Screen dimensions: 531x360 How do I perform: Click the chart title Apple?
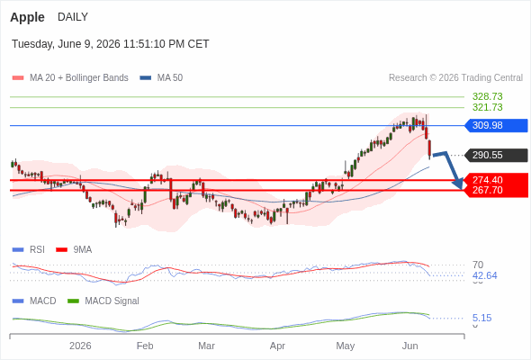[x=27, y=17]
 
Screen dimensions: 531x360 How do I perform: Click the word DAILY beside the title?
[x=73, y=16]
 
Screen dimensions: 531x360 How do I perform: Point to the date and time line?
[x=111, y=44]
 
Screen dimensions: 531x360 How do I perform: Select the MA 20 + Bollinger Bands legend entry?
[x=70, y=78]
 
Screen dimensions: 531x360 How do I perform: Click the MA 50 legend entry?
[x=161, y=78]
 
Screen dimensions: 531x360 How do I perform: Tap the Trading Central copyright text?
[x=455, y=78]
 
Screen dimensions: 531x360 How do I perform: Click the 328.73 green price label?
[x=487, y=96]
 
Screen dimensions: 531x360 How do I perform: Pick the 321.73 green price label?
[x=487, y=107]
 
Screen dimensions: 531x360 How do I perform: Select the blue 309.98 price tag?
[x=496, y=125]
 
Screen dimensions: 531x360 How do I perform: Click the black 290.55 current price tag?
[x=496, y=155]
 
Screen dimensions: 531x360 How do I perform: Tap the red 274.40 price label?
[x=487, y=180]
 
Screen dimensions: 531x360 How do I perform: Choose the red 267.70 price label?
[x=487, y=190]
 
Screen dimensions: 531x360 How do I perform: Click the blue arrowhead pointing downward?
[x=458, y=184]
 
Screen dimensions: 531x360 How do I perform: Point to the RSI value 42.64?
[x=484, y=275]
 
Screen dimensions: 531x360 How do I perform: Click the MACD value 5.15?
[x=481, y=318]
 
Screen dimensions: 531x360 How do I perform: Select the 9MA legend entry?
[x=74, y=250]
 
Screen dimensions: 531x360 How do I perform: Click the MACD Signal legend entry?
[x=103, y=301]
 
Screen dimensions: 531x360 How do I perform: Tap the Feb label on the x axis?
[x=145, y=346]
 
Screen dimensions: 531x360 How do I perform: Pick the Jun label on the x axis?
[x=409, y=346]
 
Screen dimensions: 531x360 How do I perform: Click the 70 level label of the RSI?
[x=478, y=265]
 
